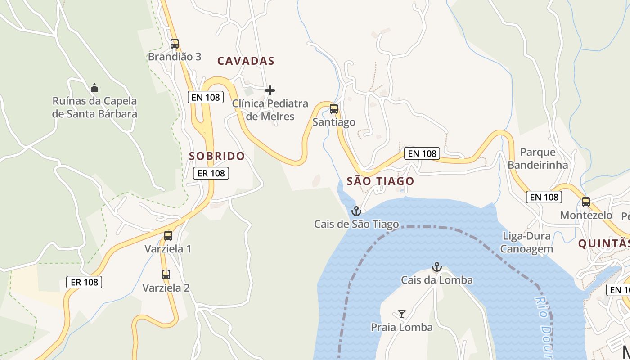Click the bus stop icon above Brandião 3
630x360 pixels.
pos(175,44)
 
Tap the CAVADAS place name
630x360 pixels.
pos(246,61)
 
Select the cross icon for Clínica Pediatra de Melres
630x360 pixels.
pos(270,90)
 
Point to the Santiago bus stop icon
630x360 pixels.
pos(334,108)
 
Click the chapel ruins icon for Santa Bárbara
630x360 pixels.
pos(94,87)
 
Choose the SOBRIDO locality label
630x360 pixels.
pos(217,156)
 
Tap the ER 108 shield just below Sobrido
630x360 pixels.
pos(211,173)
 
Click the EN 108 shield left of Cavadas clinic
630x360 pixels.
pos(206,97)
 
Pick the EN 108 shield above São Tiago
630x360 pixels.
pos(422,153)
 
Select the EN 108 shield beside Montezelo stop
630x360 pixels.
pos(544,197)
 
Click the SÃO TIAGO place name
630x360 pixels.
pos(380,181)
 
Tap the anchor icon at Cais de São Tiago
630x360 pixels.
pos(356,211)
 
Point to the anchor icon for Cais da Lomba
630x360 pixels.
pos(436,267)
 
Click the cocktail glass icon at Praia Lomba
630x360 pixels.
pos(402,314)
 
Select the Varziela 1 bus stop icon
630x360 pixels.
pos(168,235)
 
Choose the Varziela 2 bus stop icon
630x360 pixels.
pos(166,274)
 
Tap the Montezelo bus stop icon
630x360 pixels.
pos(586,202)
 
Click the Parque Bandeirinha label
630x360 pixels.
pos(538,158)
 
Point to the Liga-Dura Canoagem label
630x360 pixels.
pos(526,243)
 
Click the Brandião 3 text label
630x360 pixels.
pos(175,57)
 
